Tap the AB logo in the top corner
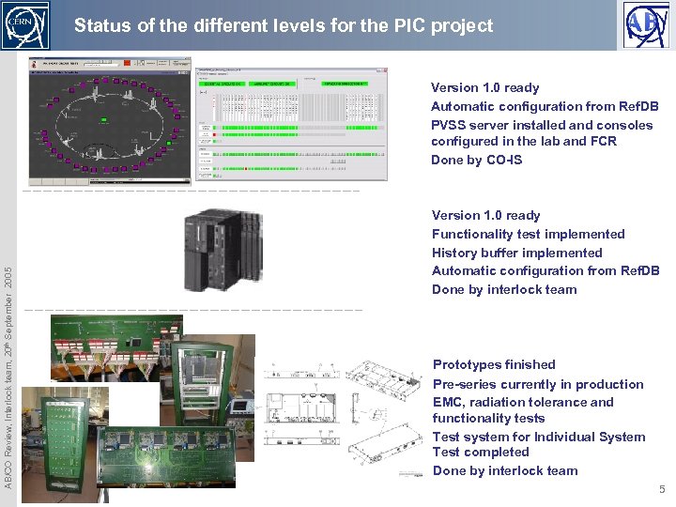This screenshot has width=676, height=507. point(648,24)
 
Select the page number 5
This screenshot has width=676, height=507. point(661,489)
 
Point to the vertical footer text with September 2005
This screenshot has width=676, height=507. point(8,376)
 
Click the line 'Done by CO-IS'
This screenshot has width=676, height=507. point(476,160)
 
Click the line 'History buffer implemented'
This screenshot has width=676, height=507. point(516,253)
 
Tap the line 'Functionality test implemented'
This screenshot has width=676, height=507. point(528,234)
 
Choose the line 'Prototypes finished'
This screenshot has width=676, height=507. point(494,364)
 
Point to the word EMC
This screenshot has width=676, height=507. point(448,402)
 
